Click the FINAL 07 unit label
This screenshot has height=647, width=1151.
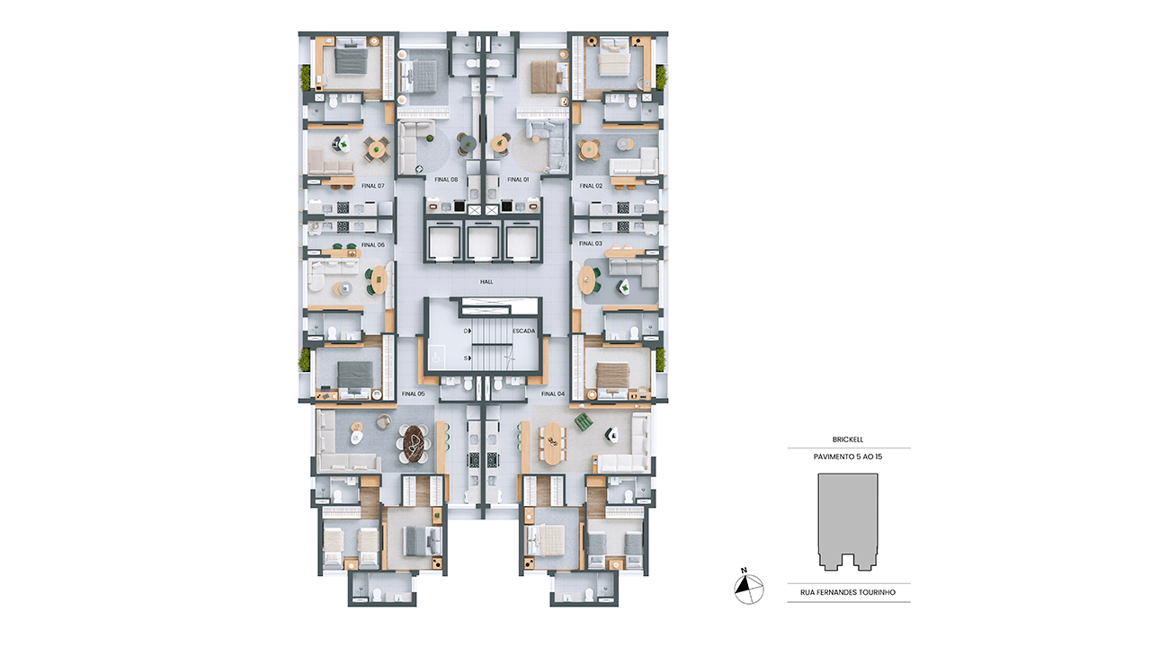click(372, 186)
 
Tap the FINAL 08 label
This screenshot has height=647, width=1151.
click(446, 180)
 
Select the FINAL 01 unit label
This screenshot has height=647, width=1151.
click(518, 180)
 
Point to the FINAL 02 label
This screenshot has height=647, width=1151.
click(591, 186)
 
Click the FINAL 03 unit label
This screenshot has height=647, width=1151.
click(591, 244)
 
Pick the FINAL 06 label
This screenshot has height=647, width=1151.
click(372, 245)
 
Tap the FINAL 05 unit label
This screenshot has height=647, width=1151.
click(413, 394)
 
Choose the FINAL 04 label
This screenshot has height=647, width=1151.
click(553, 394)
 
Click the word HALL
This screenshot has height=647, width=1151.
click(486, 282)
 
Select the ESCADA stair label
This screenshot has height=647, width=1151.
click(523, 332)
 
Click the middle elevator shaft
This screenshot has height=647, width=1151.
click(483, 243)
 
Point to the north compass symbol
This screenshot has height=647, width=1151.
click(749, 587)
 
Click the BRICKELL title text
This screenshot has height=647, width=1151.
click(848, 439)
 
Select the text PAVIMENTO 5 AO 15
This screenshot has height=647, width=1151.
click(848, 456)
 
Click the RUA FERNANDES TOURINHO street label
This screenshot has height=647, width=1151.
click(848, 592)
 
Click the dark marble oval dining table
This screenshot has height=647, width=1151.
click(414, 444)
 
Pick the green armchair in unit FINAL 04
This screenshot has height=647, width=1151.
click(584, 422)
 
